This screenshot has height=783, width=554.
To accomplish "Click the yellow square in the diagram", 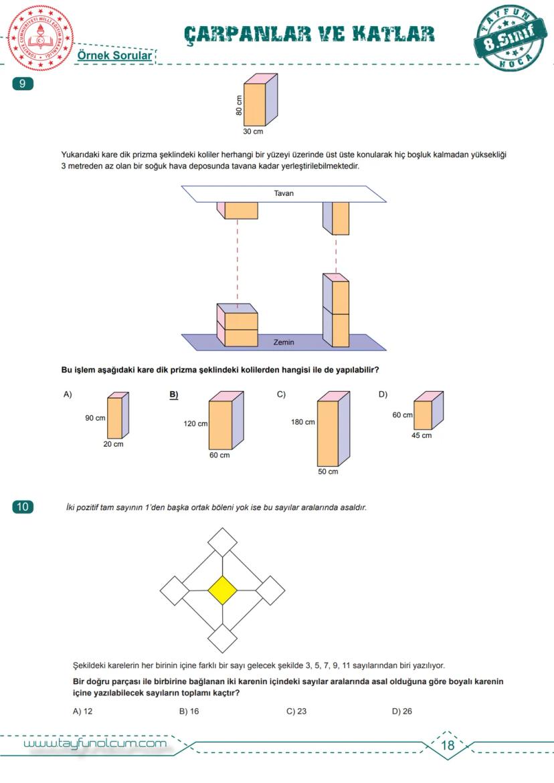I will [223, 590].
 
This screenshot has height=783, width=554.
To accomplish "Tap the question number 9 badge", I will [23, 84].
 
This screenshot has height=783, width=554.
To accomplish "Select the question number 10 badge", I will [23, 507].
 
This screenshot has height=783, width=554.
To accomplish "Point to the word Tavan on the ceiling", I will [284, 194].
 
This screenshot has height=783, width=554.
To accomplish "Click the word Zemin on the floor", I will [284, 342].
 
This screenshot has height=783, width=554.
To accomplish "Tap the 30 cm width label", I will [253, 132].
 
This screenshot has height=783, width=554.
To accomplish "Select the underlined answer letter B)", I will [174, 395].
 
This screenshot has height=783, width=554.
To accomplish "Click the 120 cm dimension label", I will [195, 424].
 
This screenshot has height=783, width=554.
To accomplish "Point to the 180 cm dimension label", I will [303, 422].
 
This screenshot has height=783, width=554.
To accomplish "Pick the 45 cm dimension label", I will [422, 435].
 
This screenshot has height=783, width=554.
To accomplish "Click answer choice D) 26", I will [402, 711].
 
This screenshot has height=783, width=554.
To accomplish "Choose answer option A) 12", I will [82, 711].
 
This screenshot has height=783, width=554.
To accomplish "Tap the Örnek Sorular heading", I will [115, 57].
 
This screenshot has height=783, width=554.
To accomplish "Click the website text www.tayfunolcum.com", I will [95, 744].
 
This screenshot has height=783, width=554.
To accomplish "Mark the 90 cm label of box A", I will [95, 419].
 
